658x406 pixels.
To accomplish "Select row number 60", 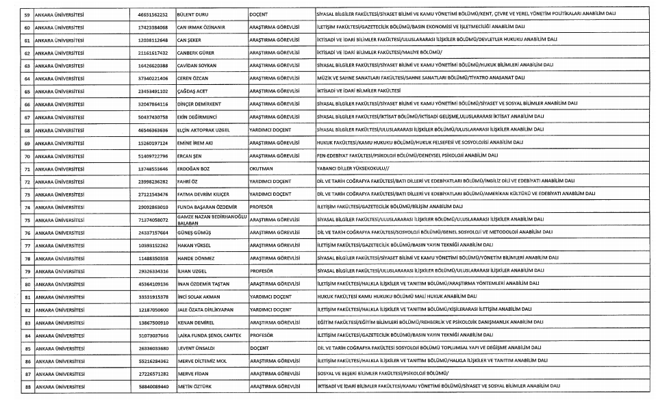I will coord(28,27).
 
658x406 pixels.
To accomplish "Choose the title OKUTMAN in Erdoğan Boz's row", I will coord(262,168).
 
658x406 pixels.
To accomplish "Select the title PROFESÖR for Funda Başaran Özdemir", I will coord(263,207).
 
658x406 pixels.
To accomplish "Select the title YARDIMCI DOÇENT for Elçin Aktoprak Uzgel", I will coord(272,129).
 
